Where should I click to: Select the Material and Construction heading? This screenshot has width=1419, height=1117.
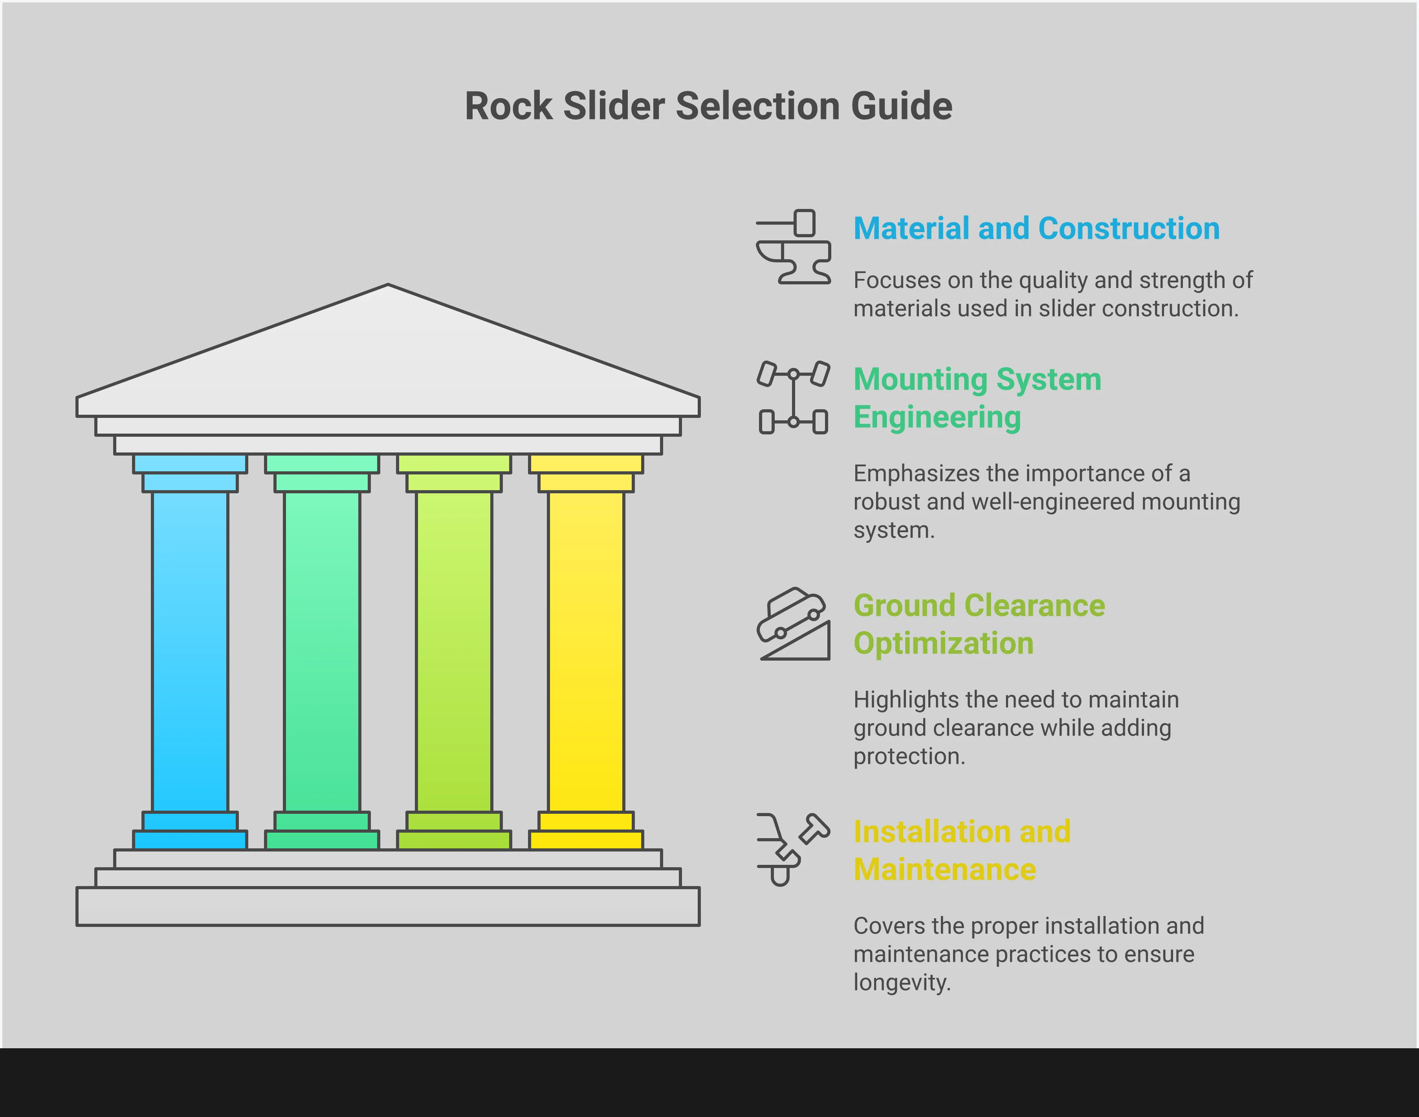click(1036, 229)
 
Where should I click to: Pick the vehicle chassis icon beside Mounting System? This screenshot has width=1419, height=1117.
click(793, 397)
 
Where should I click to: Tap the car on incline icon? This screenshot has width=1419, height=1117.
click(793, 624)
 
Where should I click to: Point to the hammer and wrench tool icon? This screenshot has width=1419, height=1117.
click(793, 849)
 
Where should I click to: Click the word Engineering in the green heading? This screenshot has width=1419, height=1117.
click(937, 417)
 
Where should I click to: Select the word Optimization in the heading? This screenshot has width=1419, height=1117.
click(943, 643)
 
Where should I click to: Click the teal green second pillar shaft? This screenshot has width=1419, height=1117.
click(322, 651)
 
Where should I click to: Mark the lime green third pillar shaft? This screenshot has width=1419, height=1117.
click(454, 651)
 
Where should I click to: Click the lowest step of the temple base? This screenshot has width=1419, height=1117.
click(388, 906)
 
